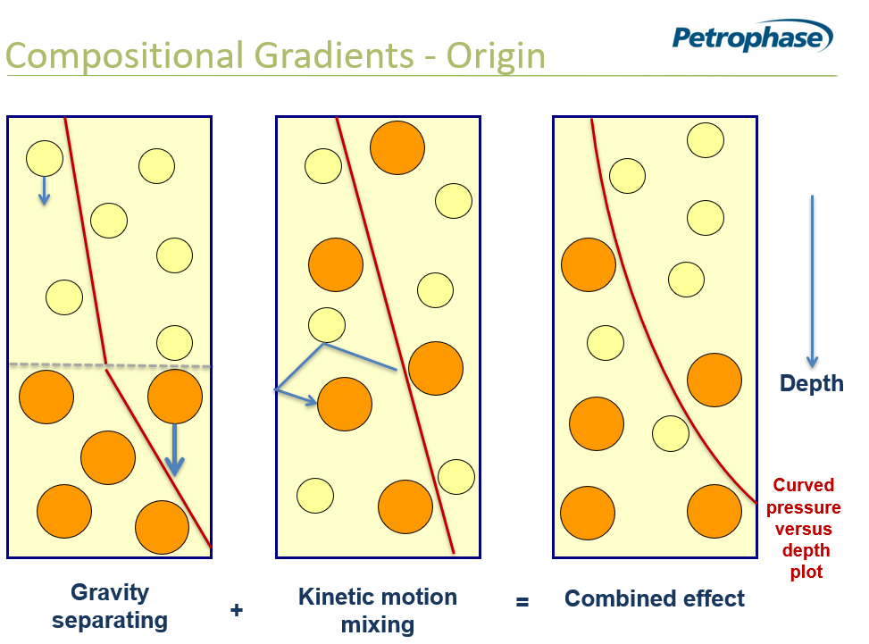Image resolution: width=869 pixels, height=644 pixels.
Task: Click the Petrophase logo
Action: tap(753, 37)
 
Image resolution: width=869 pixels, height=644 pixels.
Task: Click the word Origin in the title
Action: tap(496, 56)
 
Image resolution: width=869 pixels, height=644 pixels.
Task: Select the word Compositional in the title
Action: tap(126, 56)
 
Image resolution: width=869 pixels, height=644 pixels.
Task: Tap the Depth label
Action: tap(811, 383)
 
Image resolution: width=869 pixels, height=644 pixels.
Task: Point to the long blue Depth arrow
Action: tap(813, 281)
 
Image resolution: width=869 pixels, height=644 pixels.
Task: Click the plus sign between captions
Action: tap(237, 610)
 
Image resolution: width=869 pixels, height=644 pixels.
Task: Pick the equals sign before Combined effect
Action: tap(522, 601)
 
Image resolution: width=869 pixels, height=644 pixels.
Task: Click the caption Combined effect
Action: tap(655, 598)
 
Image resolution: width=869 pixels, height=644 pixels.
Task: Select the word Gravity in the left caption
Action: tap(110, 593)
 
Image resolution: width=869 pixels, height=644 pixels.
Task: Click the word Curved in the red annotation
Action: tap(804, 485)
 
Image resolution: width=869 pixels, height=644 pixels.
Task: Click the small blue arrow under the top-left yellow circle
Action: tap(45, 191)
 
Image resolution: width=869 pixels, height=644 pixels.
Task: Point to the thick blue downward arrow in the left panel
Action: tap(174, 450)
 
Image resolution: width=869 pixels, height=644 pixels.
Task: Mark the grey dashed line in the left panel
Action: tap(110, 365)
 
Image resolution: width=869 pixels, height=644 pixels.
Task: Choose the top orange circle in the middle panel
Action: tap(397, 148)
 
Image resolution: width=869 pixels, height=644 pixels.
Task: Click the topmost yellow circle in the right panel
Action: tap(706, 140)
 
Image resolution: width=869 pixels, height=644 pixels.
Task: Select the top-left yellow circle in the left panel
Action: tap(45, 158)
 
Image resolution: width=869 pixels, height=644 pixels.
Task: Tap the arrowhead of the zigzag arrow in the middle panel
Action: tap(312, 401)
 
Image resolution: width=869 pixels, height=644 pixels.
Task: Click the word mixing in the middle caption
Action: tap(378, 625)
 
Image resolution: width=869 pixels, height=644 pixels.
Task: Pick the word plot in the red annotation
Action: tap(806, 572)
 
